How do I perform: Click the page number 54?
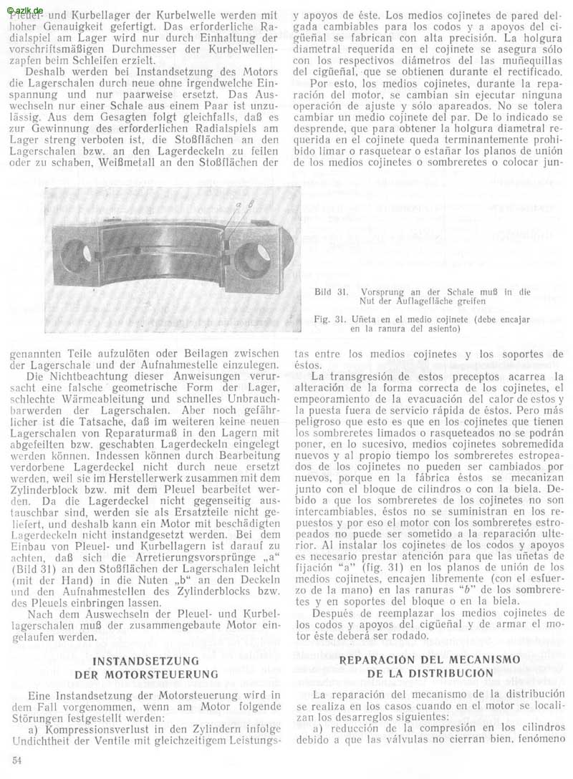pos(16,758)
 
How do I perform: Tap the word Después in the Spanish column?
pos(335,613)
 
